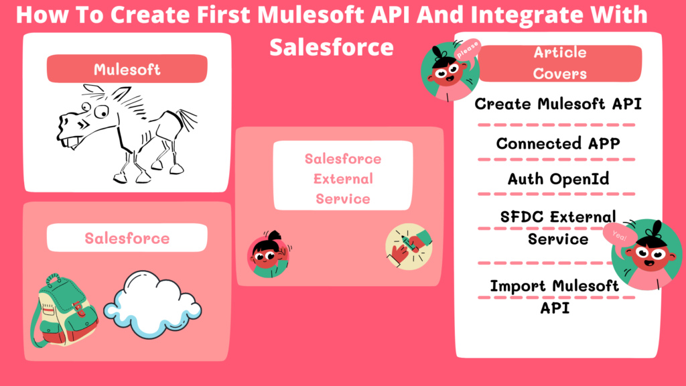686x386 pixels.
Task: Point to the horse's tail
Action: click(x=188, y=121)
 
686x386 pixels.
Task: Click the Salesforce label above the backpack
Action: click(x=127, y=238)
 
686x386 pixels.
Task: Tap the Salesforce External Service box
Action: click(x=342, y=178)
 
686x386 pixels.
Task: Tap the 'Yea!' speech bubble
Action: click(x=617, y=235)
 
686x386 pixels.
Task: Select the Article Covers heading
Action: click(x=559, y=63)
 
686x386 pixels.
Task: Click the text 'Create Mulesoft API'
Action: click(x=558, y=104)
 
